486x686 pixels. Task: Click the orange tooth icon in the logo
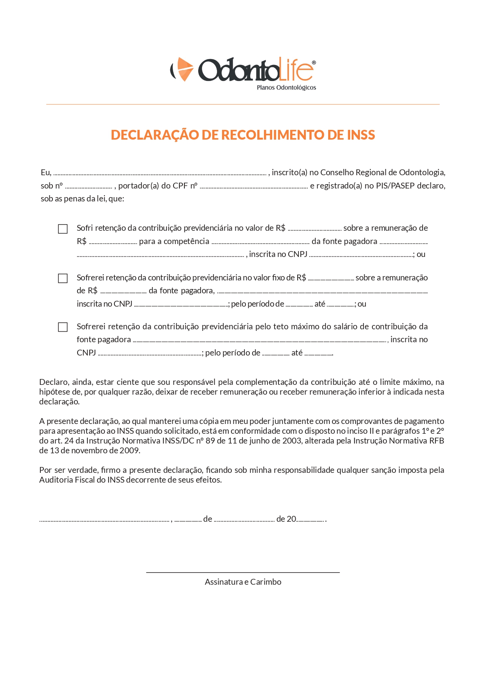[x=183, y=69]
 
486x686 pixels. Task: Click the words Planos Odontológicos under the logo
[x=286, y=88]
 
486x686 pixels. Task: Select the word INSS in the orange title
[x=361, y=135]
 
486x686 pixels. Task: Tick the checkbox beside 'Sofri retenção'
[x=63, y=229]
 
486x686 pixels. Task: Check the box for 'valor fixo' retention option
[x=63, y=278]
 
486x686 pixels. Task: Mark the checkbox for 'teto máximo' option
[x=63, y=327]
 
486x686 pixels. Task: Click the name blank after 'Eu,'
[x=159, y=174]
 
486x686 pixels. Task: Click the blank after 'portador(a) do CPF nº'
[x=253, y=187]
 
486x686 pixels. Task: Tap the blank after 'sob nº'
[x=89, y=187]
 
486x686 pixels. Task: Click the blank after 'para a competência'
[x=260, y=242]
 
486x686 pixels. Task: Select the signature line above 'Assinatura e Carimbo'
[x=243, y=572]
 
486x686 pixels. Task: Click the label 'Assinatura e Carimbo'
[x=243, y=582]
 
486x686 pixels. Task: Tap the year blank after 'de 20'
[x=311, y=520]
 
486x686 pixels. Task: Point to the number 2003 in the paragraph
[x=291, y=441]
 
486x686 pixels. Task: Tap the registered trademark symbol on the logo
[x=314, y=63]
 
